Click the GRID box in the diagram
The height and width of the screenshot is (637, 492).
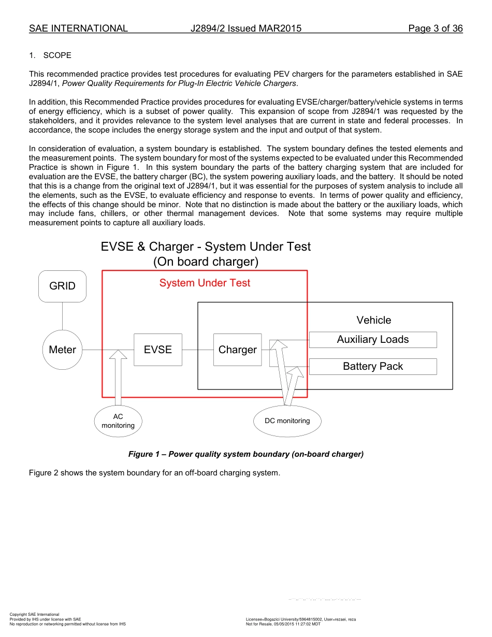pos(62,286)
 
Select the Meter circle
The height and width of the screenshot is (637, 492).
pos(62,350)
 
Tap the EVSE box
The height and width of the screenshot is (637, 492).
pos(158,350)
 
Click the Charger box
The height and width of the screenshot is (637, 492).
pos(237,350)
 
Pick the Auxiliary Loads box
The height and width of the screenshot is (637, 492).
pos(373,340)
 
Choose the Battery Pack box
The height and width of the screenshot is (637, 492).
pos(373,367)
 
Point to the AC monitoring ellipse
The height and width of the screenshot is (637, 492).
pos(118,421)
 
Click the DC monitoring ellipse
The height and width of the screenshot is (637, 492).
pos(287,421)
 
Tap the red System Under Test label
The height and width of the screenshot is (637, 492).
pos(205,283)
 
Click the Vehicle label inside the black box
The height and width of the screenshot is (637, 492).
pos(373,320)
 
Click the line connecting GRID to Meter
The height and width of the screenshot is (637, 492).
pos(62,316)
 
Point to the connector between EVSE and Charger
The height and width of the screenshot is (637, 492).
pos(197,350)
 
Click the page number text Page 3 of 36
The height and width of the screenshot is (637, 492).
pos(435,28)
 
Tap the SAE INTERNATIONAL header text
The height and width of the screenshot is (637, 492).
pos(78,28)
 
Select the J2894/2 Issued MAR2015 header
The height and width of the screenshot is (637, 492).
pos(246,28)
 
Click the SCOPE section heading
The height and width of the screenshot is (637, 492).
pos(57,55)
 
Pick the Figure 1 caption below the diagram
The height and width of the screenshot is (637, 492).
pos(246,454)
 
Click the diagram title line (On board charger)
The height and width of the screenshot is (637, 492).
pos(206,262)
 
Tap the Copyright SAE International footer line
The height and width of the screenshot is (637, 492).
pos(34,614)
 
